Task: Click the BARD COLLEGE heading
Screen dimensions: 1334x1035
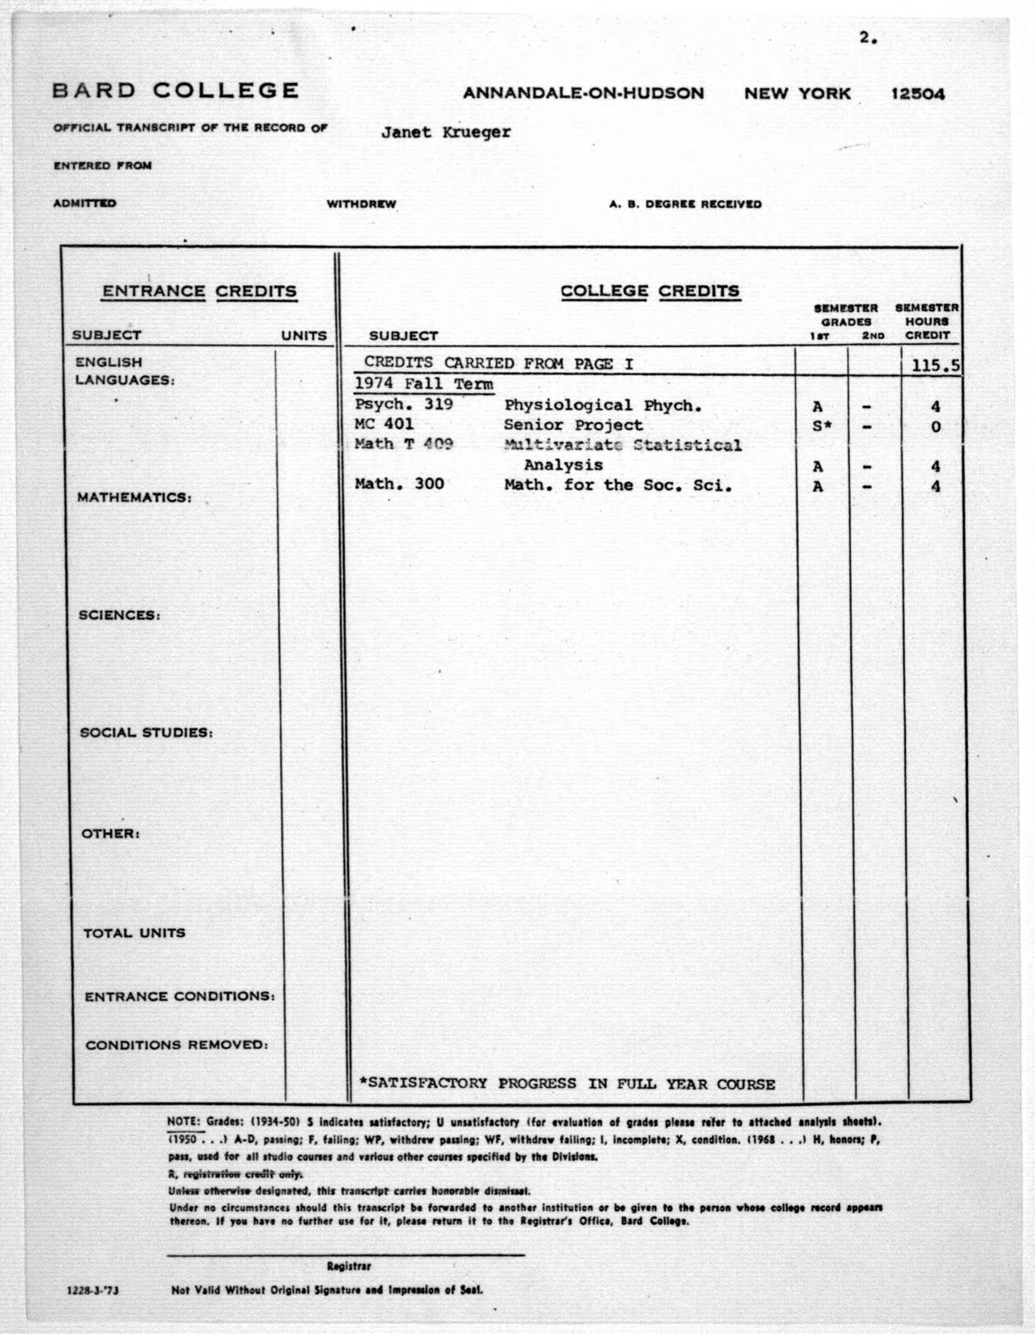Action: [x=175, y=91]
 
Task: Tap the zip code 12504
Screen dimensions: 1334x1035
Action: [x=918, y=94]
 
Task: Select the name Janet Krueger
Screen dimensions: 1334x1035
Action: [x=445, y=132]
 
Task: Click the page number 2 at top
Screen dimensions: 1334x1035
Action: [x=867, y=38]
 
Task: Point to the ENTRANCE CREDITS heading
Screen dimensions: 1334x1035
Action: [x=199, y=291]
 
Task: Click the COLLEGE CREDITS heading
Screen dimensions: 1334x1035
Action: [x=650, y=291]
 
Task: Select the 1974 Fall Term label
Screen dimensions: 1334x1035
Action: [x=424, y=384]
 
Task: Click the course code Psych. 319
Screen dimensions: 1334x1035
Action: [x=404, y=404]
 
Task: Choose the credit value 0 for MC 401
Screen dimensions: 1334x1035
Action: [x=935, y=427]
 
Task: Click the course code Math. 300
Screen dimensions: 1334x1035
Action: [x=399, y=485]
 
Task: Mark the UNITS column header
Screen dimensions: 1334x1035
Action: [x=304, y=335]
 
